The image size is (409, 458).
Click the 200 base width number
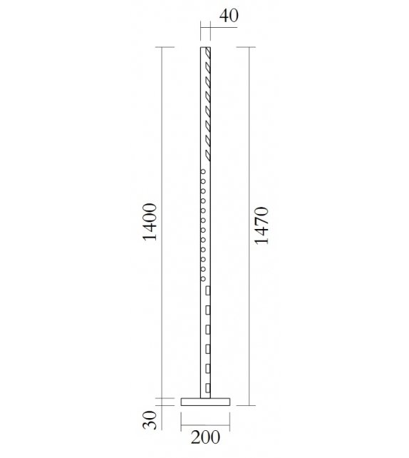(x=206, y=437)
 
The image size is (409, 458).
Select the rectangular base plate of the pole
(x=206, y=401)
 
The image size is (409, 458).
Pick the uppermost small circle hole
(x=203, y=171)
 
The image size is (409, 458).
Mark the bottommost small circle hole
(x=203, y=278)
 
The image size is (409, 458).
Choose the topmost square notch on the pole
(x=208, y=291)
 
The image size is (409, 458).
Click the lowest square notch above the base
(x=208, y=387)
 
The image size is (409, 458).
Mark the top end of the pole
(x=206, y=48)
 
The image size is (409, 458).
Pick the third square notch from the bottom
(x=208, y=349)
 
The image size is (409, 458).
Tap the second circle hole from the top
(x=203, y=181)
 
